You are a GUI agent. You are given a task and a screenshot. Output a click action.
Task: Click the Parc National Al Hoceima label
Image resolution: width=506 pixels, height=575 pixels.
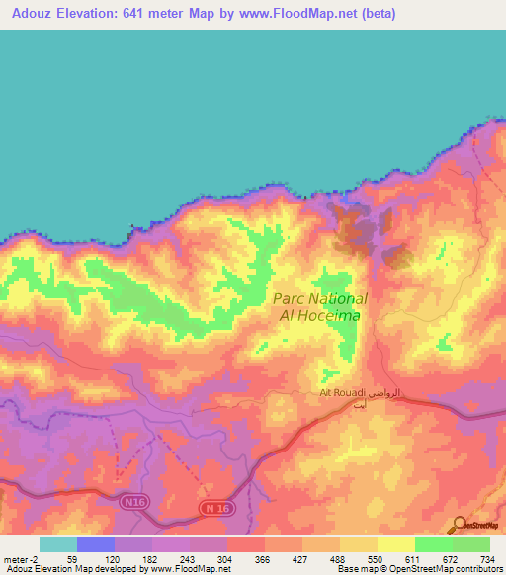[x=318, y=306]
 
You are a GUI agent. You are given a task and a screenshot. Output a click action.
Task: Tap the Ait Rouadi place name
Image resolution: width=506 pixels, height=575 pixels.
[x=343, y=394]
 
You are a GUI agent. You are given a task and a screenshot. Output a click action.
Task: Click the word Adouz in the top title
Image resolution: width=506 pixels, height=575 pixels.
[x=29, y=13]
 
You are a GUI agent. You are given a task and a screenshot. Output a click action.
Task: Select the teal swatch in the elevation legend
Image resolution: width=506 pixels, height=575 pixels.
[x=58, y=544]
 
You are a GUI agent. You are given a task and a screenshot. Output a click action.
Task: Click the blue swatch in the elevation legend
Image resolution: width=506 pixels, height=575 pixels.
[x=96, y=544]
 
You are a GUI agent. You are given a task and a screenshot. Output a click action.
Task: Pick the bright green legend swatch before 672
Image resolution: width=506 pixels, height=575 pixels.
[x=433, y=544]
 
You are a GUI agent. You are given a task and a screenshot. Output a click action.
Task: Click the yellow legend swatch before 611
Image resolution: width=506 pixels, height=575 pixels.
[x=395, y=544]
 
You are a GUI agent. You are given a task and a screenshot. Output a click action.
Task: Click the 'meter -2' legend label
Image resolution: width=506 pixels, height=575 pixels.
[x=22, y=559]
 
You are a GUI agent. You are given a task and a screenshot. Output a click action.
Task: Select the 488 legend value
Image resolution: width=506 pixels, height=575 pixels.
[x=340, y=559]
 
